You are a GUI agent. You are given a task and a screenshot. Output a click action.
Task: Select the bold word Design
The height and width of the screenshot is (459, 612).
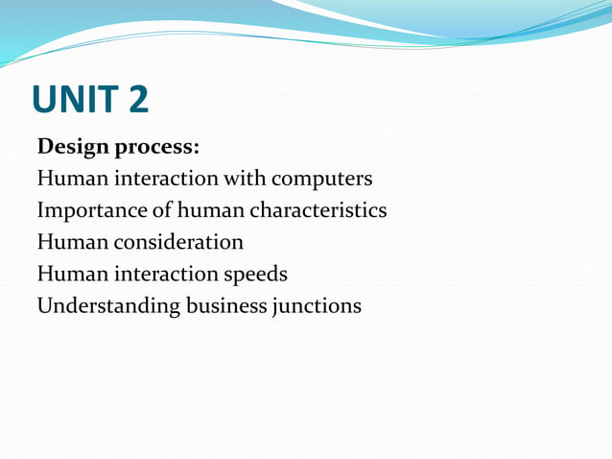[71, 148]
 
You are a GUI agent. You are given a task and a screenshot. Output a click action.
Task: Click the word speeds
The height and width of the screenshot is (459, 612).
[255, 275]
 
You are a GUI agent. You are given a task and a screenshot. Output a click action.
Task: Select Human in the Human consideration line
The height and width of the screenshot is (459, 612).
[69, 242]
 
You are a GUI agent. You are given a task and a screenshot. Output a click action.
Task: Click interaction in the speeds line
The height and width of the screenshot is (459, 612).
[163, 274]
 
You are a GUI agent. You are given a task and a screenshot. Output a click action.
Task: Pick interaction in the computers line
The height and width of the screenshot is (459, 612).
[163, 179]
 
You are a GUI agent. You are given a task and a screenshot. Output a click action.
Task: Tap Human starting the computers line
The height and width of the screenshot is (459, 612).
[69, 179]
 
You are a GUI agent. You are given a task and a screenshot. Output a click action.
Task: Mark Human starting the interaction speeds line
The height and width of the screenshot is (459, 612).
[69, 274]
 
